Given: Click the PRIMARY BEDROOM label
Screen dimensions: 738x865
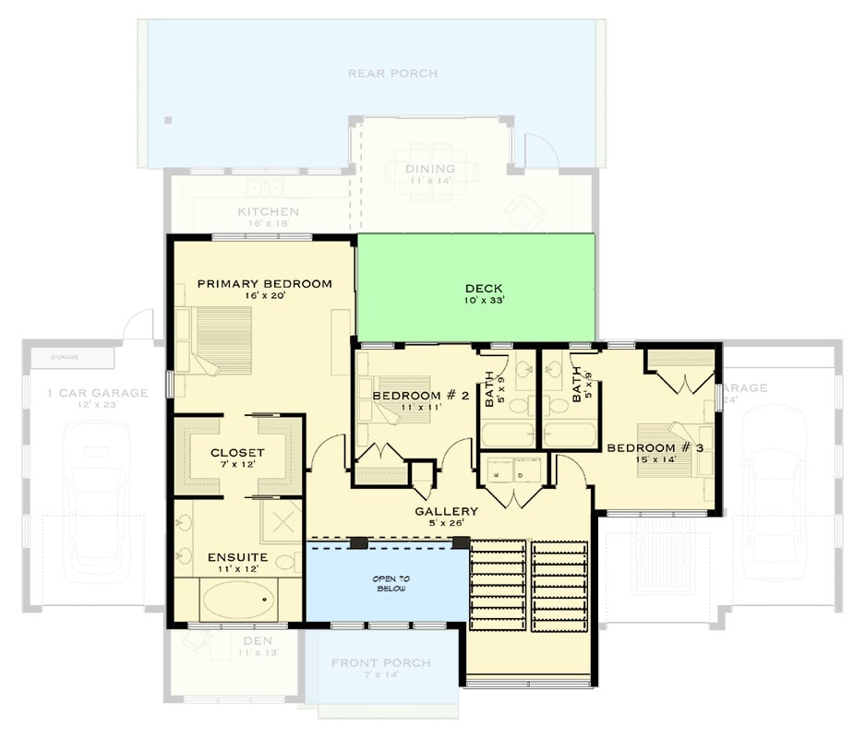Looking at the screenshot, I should coord(264,283).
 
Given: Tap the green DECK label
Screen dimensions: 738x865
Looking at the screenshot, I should coord(484,287).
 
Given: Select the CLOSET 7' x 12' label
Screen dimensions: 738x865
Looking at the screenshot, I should coord(237,453).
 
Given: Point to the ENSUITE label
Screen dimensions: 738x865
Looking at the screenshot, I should coord(237,557).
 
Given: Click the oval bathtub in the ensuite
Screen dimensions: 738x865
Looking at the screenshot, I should coord(239,601).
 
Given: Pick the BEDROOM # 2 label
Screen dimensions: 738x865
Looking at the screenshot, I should coord(421,396).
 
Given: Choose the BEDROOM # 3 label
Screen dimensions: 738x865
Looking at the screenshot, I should coord(655,447).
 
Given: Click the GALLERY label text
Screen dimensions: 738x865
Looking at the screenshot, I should coord(446,511).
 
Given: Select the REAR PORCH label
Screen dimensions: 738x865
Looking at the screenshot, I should coord(392,73).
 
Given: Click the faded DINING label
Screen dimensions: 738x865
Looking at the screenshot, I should coord(430,169).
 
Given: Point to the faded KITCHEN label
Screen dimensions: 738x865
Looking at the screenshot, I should coord(268,211).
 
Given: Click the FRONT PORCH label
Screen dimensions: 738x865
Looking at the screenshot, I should coord(380,662).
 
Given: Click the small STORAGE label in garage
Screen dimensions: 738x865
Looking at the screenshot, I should coord(64,356).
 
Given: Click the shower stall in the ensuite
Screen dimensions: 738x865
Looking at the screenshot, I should coord(281,522).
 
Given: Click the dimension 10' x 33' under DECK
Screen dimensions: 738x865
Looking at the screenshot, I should coord(484,300).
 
